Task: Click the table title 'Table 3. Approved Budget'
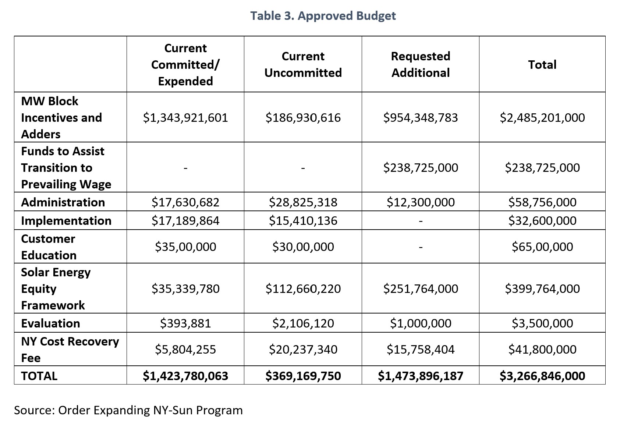pyautogui.click(x=323, y=16)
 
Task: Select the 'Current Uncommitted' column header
pyautogui.click(x=303, y=64)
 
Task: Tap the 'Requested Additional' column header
pyautogui.click(x=421, y=64)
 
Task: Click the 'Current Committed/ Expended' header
pyautogui.click(x=185, y=64)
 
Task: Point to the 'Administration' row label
pyautogui.click(x=63, y=202)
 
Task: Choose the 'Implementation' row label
pyautogui.click(x=66, y=220)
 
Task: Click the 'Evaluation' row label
pyautogui.click(x=50, y=323)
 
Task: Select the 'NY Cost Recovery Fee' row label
pyautogui.click(x=70, y=349)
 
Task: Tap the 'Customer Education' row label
pyautogui.click(x=49, y=247)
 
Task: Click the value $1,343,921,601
pyautogui.click(x=185, y=117)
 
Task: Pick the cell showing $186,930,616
pyautogui.click(x=303, y=117)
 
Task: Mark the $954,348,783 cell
pyautogui.click(x=421, y=117)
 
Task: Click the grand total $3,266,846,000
pyautogui.click(x=542, y=376)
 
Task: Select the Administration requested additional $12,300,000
pyautogui.click(x=421, y=202)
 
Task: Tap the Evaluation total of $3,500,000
pyautogui.click(x=542, y=323)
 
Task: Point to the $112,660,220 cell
pyautogui.click(x=303, y=288)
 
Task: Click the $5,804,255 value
pyautogui.click(x=185, y=349)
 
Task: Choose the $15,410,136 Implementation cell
pyautogui.click(x=303, y=220)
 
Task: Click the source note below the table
pyautogui.click(x=128, y=410)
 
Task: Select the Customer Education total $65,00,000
pyautogui.click(x=542, y=247)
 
